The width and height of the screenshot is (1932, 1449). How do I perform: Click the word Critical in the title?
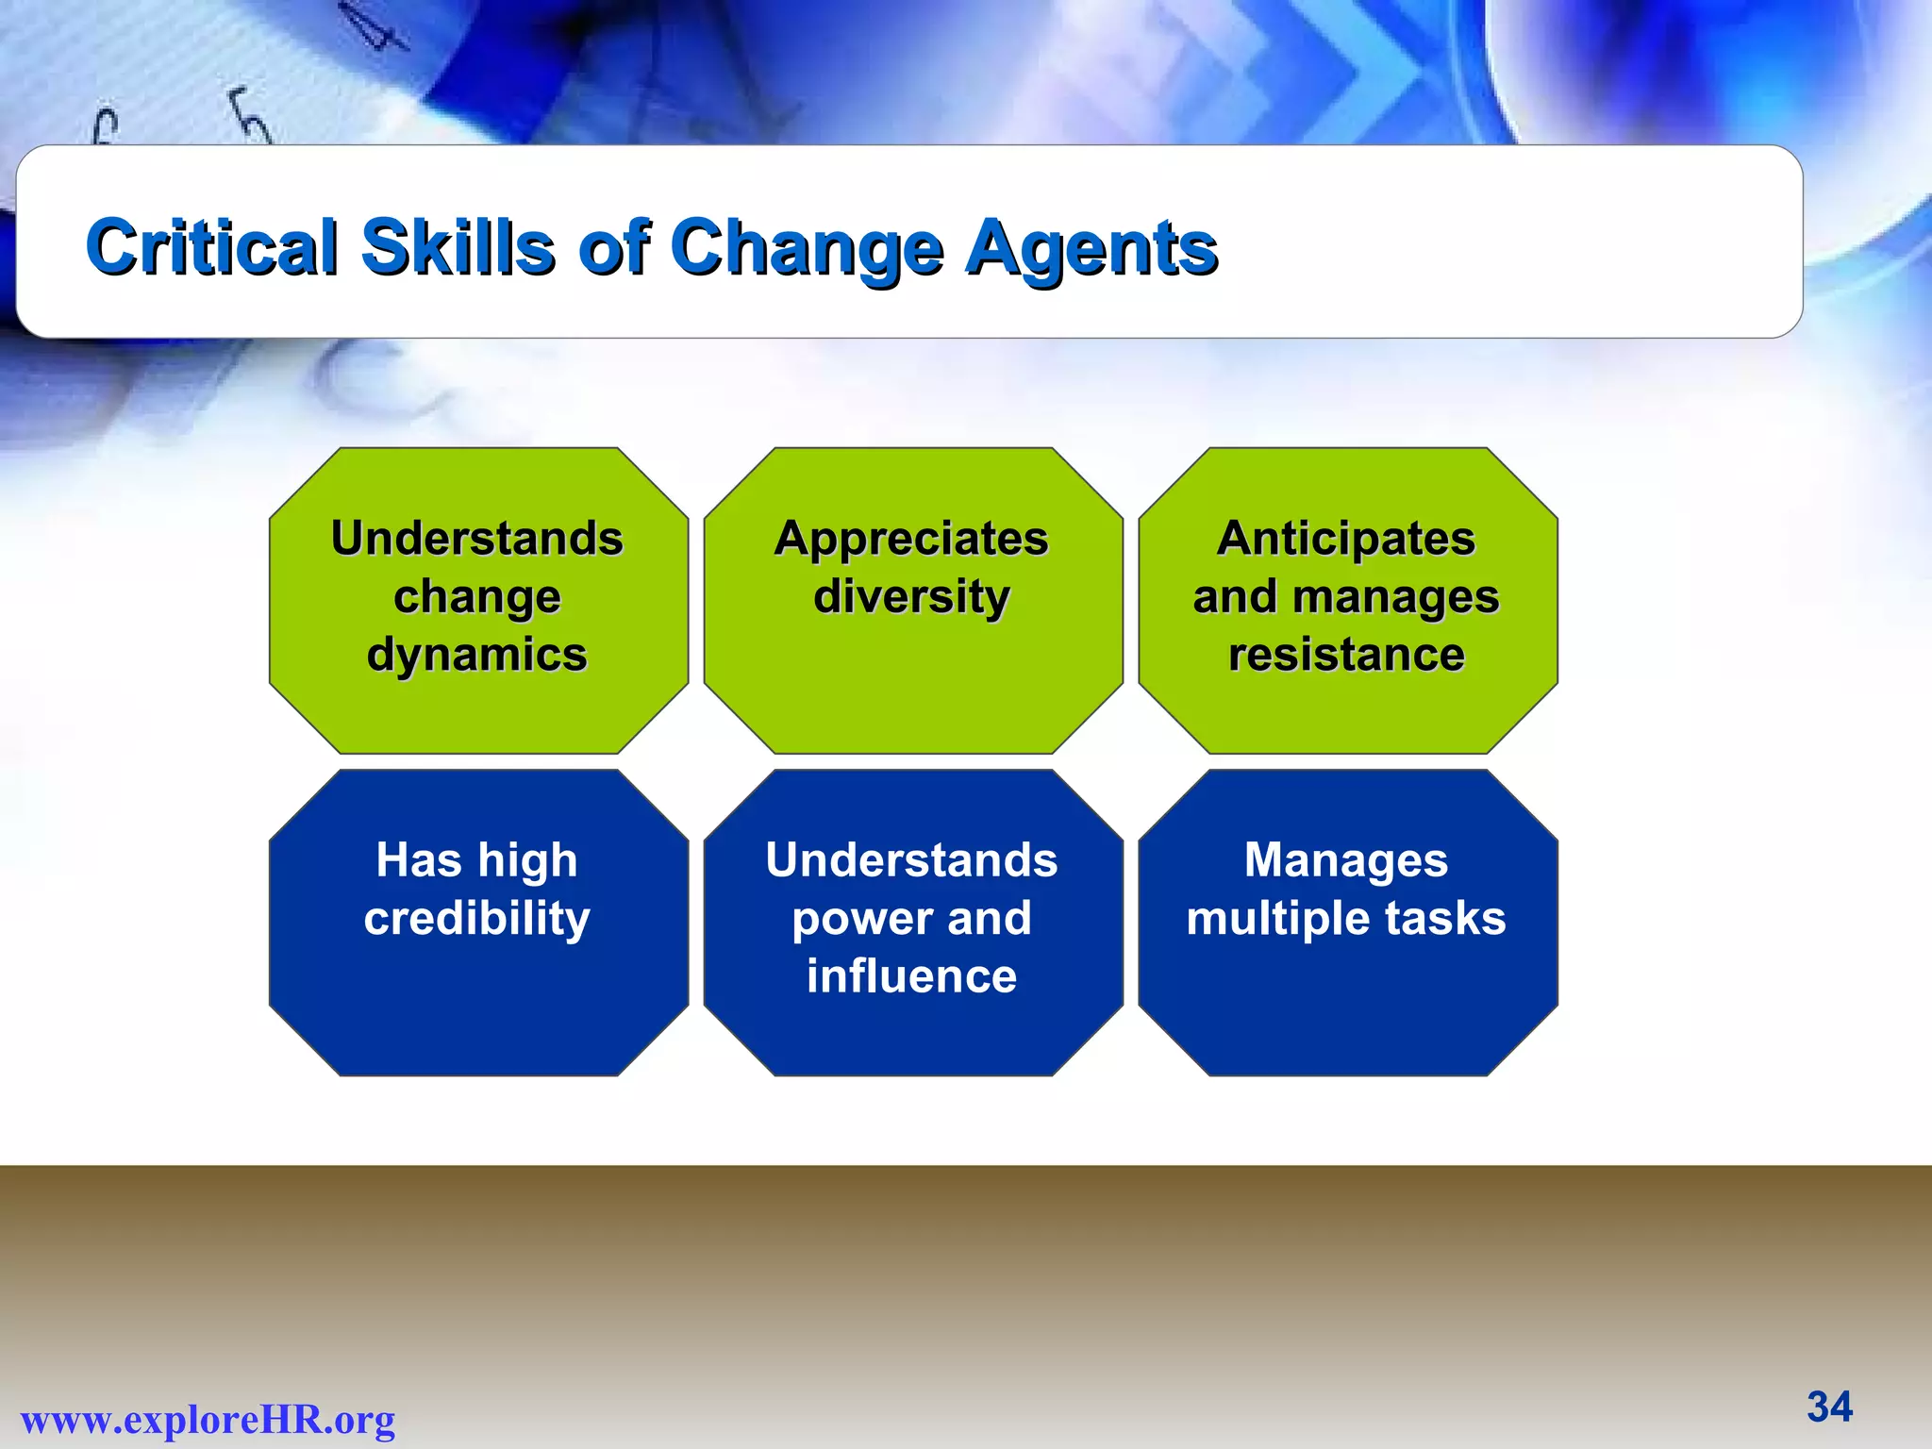point(211,247)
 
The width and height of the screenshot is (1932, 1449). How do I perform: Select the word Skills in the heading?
point(458,247)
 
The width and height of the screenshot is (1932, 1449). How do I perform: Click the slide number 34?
point(1829,1407)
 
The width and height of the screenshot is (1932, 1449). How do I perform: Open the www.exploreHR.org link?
point(208,1420)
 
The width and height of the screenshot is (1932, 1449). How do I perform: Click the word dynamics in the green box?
point(477,655)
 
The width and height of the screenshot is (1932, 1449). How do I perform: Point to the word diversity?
point(911,597)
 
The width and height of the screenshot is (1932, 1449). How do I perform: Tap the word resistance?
point(1346,655)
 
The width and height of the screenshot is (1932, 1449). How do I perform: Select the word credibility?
point(477,919)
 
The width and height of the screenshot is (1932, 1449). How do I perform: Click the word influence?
point(911,976)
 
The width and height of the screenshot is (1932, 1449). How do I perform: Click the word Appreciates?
point(911,540)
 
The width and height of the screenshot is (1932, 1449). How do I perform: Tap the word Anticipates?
point(1346,540)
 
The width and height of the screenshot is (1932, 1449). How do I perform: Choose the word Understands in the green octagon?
point(477,539)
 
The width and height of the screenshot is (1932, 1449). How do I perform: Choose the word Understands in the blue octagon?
point(911,860)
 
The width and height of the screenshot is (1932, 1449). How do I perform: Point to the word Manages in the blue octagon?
point(1346,861)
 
